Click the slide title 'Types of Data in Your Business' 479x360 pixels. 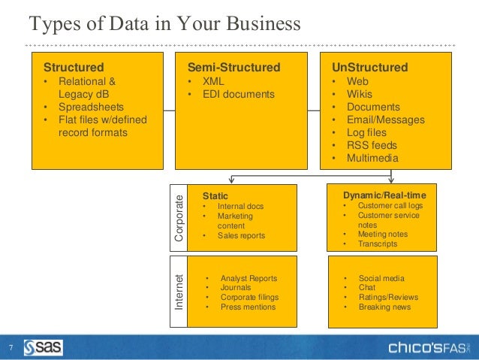(x=164, y=25)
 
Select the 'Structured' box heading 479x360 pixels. (x=74, y=68)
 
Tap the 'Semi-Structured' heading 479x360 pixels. (x=233, y=68)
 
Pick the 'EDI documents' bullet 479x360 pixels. (x=238, y=94)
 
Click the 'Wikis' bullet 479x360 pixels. (x=360, y=94)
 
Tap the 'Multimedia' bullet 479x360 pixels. (x=372, y=158)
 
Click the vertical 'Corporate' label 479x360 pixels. (x=179, y=218)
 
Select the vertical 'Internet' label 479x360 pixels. (x=179, y=292)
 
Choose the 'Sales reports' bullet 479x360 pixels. (x=241, y=236)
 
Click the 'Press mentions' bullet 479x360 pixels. (x=248, y=307)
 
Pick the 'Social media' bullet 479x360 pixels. (x=381, y=277)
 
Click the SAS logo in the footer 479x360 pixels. (x=44, y=347)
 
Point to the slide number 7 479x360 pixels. (x=11, y=348)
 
